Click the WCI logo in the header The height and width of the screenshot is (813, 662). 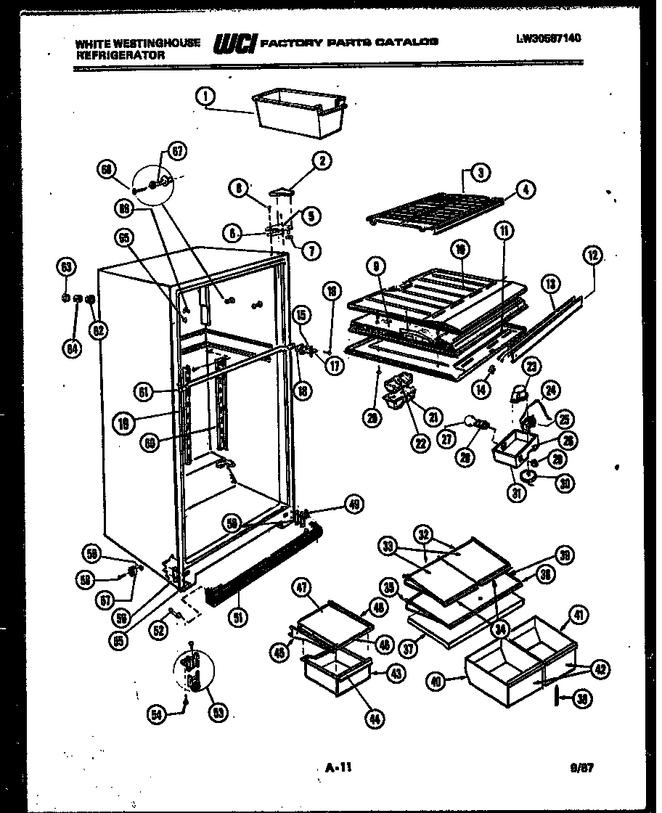tap(234, 45)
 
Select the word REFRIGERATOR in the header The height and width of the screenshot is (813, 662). tap(120, 54)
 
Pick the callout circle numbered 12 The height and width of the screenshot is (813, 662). tap(594, 255)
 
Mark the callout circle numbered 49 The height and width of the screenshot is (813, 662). tap(354, 504)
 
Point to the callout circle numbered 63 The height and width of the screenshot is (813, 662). tap(66, 268)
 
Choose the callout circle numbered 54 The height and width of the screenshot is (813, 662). tap(157, 716)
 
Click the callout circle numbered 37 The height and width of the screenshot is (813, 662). tap(410, 647)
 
